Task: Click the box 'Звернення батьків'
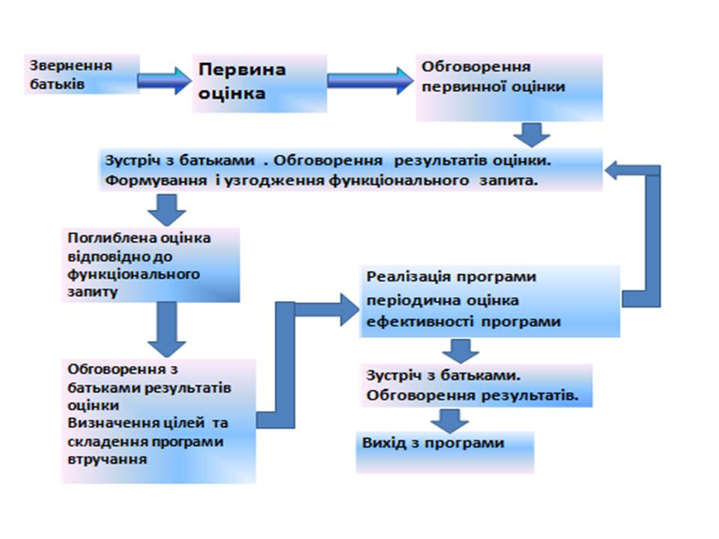[x=82, y=74]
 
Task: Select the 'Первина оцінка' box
[x=260, y=83]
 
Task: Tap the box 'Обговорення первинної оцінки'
[x=509, y=88]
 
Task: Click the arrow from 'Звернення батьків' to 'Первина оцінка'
[x=164, y=80]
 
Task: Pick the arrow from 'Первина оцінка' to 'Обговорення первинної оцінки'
[x=371, y=81]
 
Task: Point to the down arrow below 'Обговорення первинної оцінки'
[x=532, y=135]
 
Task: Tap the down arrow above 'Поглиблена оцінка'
[x=167, y=210]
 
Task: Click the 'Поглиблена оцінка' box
[x=151, y=265]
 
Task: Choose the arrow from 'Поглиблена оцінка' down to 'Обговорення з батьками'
[x=167, y=329]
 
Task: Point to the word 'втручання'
[x=107, y=459]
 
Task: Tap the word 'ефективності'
[x=420, y=321]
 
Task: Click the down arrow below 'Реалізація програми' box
[x=461, y=351]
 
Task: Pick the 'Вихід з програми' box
[x=445, y=452]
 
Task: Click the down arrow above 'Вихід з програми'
[x=450, y=421]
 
